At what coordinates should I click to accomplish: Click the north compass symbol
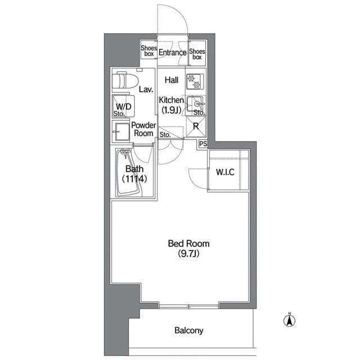(x=290, y=320)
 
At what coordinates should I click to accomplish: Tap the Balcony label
(x=189, y=330)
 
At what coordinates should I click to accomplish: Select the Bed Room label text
(x=189, y=244)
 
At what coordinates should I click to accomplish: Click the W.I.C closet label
(x=225, y=172)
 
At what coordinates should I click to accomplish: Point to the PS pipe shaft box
(x=203, y=144)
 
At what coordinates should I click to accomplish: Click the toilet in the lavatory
(x=125, y=80)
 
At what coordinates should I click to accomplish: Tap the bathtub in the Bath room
(x=129, y=173)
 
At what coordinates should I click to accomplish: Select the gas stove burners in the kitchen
(x=195, y=82)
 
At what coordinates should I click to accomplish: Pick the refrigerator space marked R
(x=196, y=127)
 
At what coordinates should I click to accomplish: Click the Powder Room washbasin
(x=121, y=132)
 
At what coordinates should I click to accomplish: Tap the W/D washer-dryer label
(x=124, y=106)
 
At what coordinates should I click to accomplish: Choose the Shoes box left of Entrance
(x=148, y=51)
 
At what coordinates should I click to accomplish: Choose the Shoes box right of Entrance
(x=197, y=54)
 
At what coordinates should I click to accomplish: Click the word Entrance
(x=173, y=52)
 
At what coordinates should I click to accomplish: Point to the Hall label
(x=172, y=80)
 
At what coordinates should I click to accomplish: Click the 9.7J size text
(x=188, y=254)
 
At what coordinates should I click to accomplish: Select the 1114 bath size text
(x=134, y=179)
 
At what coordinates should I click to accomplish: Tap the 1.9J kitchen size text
(x=172, y=110)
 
